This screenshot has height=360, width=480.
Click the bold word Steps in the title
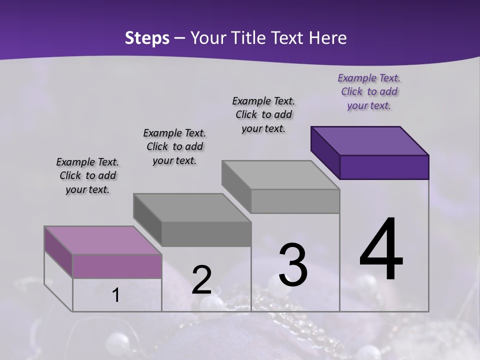pos(147,38)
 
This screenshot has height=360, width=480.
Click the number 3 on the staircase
pos(293,265)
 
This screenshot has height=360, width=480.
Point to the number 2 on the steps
pos(201,280)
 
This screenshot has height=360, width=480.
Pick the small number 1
pos(115,295)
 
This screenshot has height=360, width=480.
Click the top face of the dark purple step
pos(370,140)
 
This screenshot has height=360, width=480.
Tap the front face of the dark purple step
pos(384,167)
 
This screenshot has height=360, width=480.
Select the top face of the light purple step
pos(103,240)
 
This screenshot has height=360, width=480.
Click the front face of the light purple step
pos(117,266)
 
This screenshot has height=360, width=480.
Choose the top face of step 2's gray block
pos(192,207)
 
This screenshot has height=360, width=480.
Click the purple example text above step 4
pos(369,91)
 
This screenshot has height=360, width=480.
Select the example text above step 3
pos(263,114)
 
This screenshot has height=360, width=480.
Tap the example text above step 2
pos(174,146)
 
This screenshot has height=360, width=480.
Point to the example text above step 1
pos(87,175)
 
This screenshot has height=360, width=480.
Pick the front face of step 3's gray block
pos(295,201)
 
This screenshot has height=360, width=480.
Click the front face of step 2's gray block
pos(206,234)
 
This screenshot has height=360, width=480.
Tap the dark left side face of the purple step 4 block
pos(325,152)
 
